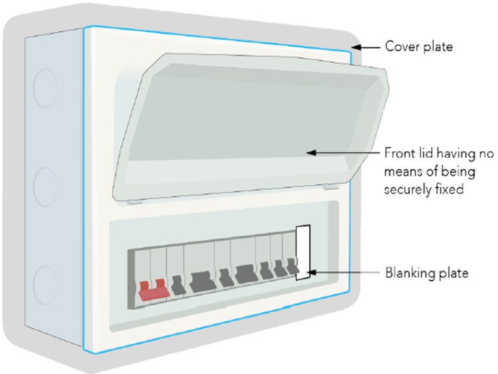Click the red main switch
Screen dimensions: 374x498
[154, 289]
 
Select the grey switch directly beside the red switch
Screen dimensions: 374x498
[176, 284]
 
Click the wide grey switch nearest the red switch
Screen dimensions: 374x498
[200, 280]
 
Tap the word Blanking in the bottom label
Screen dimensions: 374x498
[410, 273]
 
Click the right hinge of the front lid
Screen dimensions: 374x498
[329, 186]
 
